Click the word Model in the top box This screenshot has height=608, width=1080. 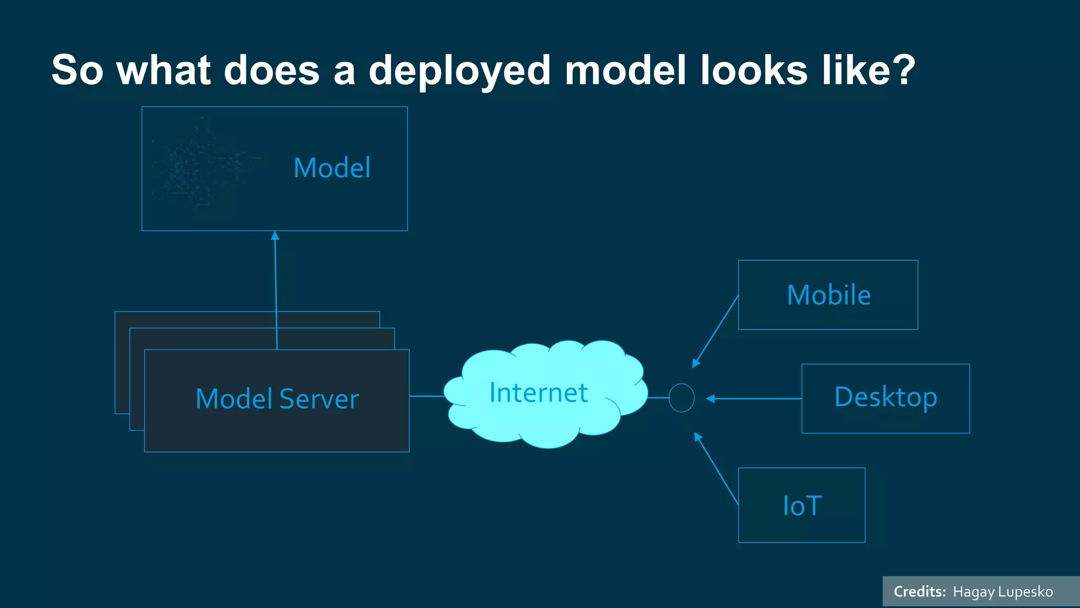(x=332, y=168)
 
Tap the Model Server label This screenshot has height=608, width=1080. (x=277, y=399)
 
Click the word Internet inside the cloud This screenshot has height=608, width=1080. (x=538, y=393)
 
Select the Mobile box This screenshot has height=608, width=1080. (x=828, y=295)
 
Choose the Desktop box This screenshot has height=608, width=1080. (x=885, y=398)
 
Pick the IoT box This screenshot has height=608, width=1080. (x=802, y=505)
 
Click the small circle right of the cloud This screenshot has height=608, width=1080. (x=681, y=398)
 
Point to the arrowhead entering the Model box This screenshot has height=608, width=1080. (x=275, y=235)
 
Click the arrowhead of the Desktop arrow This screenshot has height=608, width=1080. (x=710, y=398)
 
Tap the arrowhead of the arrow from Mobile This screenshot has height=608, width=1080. (x=696, y=364)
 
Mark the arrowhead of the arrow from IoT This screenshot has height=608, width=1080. (x=698, y=436)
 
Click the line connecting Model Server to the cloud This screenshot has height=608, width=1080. (x=427, y=396)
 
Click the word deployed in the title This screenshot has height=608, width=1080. (x=460, y=71)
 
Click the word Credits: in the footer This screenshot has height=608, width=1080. (x=920, y=592)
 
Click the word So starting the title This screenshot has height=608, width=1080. (x=77, y=70)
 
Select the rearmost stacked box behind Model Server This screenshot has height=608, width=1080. (x=122, y=364)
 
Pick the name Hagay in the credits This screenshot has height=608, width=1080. (x=973, y=592)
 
